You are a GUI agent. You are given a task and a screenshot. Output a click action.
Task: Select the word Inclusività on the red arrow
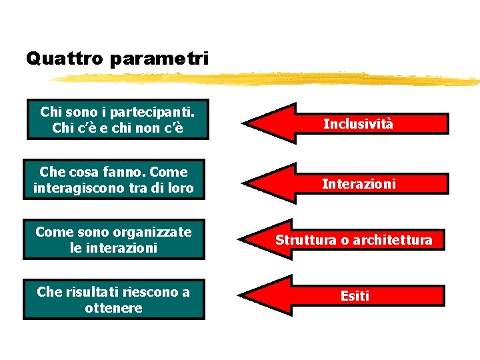click(358, 124)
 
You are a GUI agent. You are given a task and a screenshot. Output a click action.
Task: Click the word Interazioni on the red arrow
click(359, 183)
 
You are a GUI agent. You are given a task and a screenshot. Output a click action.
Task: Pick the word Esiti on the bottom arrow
click(354, 296)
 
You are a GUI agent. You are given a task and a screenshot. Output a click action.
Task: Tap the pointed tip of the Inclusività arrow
click(244, 124)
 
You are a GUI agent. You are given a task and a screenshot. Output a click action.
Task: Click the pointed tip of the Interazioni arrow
click(243, 183)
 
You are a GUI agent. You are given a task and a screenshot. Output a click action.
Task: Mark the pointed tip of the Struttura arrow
click(241, 239)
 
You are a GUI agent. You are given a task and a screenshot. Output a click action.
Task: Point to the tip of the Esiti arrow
click(241, 295)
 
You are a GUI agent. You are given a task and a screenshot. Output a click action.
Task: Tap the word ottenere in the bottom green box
click(113, 308)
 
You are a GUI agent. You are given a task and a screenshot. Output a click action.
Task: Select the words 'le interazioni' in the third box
click(113, 248)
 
